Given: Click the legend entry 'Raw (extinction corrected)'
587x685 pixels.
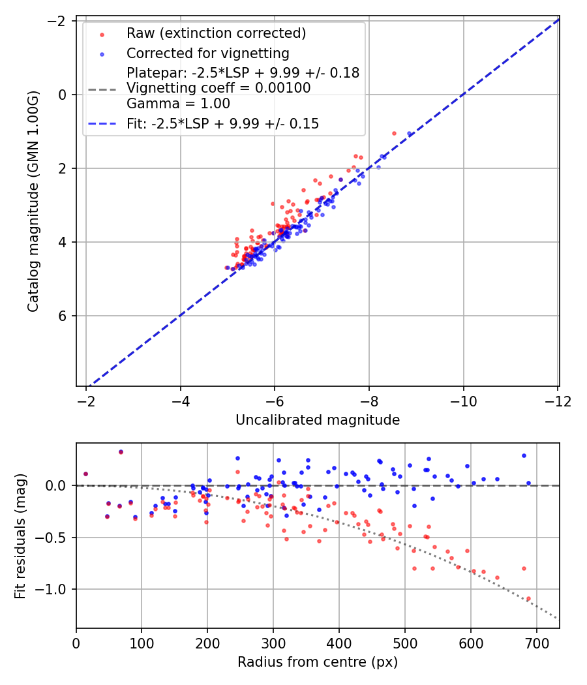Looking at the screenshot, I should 216,33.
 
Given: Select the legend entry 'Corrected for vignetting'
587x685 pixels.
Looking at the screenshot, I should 207,53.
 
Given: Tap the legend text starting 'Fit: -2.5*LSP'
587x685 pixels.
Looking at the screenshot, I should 222,124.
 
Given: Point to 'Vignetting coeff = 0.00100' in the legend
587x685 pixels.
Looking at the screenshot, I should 218,88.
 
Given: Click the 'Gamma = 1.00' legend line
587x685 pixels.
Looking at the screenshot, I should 178,104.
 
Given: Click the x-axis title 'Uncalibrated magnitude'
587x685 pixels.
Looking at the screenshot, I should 318,420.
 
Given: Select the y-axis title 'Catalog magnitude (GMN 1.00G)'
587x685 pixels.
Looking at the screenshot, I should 34,202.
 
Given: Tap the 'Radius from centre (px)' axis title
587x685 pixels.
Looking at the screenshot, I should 318,662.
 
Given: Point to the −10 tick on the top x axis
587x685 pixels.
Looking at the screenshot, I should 464,401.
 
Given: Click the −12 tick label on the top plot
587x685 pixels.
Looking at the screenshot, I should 558,401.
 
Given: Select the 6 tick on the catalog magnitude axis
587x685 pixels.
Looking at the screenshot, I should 63,316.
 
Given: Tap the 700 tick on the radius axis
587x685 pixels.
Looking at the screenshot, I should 536,643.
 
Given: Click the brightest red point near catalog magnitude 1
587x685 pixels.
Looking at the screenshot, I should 394,133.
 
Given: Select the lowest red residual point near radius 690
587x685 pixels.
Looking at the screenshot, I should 528,598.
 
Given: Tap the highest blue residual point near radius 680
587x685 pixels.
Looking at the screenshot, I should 524,455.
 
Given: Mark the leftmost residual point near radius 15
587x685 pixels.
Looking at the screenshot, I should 85,474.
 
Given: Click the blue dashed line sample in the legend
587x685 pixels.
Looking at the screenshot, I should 102,124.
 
